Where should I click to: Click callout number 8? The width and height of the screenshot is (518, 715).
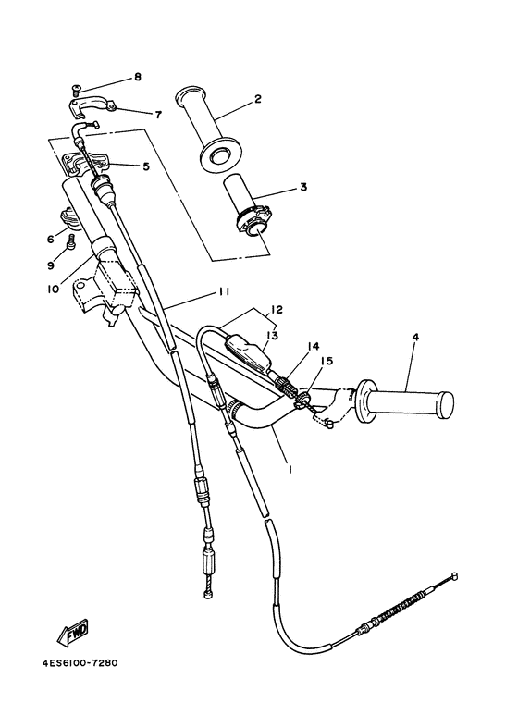coord(137,77)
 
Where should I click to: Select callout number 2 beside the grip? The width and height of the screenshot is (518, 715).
coord(258,99)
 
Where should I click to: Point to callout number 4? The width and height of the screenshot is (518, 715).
coord(416,337)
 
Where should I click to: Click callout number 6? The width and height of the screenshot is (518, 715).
coord(50,239)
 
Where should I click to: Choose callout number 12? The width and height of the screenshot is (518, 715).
coord(276,308)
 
